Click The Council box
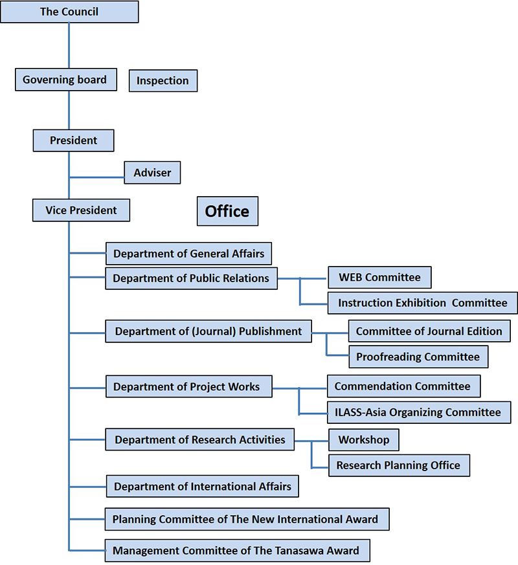tap(69, 12)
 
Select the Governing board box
tap(66, 80)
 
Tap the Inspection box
tap(163, 81)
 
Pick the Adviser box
tap(152, 173)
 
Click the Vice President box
tap(81, 210)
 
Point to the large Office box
tap(227, 211)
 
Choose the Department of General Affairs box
tap(188, 254)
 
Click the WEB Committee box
tap(379, 278)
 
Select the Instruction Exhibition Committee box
tap(422, 303)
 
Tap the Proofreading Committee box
tap(418, 357)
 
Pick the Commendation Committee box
tap(404, 386)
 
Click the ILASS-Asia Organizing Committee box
tap(419, 412)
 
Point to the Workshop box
tap(364, 440)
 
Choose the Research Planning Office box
tap(399, 465)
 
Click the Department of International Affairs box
tap(202, 487)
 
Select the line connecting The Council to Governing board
tap(69, 46)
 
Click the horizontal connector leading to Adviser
tap(96, 177)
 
